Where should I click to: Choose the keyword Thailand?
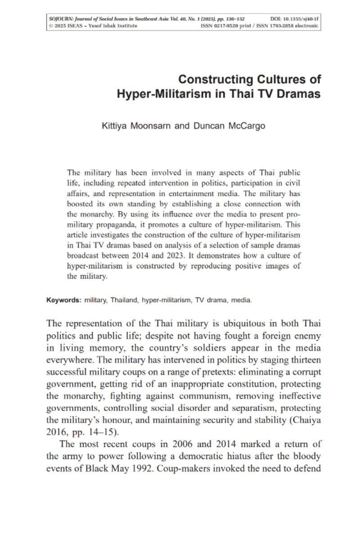coord(123,299)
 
